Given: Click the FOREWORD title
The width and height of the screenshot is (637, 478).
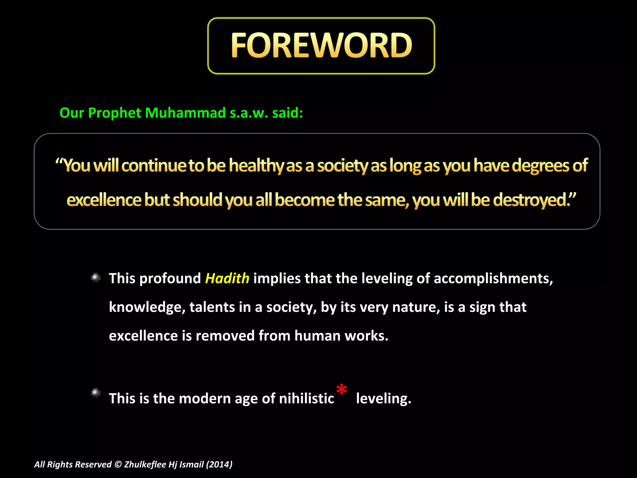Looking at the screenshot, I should point(321,46).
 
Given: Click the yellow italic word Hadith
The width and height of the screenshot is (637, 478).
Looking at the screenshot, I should point(227,278).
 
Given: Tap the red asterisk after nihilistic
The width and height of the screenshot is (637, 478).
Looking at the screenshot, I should point(342,389).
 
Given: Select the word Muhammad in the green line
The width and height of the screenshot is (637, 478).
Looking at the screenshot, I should point(185,113).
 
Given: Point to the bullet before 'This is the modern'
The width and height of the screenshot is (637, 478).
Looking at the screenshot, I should point(95,393).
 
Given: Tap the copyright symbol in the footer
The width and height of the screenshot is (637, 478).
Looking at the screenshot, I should point(118,464).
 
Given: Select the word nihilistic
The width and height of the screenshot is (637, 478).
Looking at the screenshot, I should point(306,398).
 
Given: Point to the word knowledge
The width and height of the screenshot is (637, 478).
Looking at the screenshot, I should point(147,307).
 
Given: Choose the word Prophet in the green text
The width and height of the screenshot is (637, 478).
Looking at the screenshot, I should point(114,113).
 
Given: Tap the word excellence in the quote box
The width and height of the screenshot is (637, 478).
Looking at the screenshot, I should point(104,200).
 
